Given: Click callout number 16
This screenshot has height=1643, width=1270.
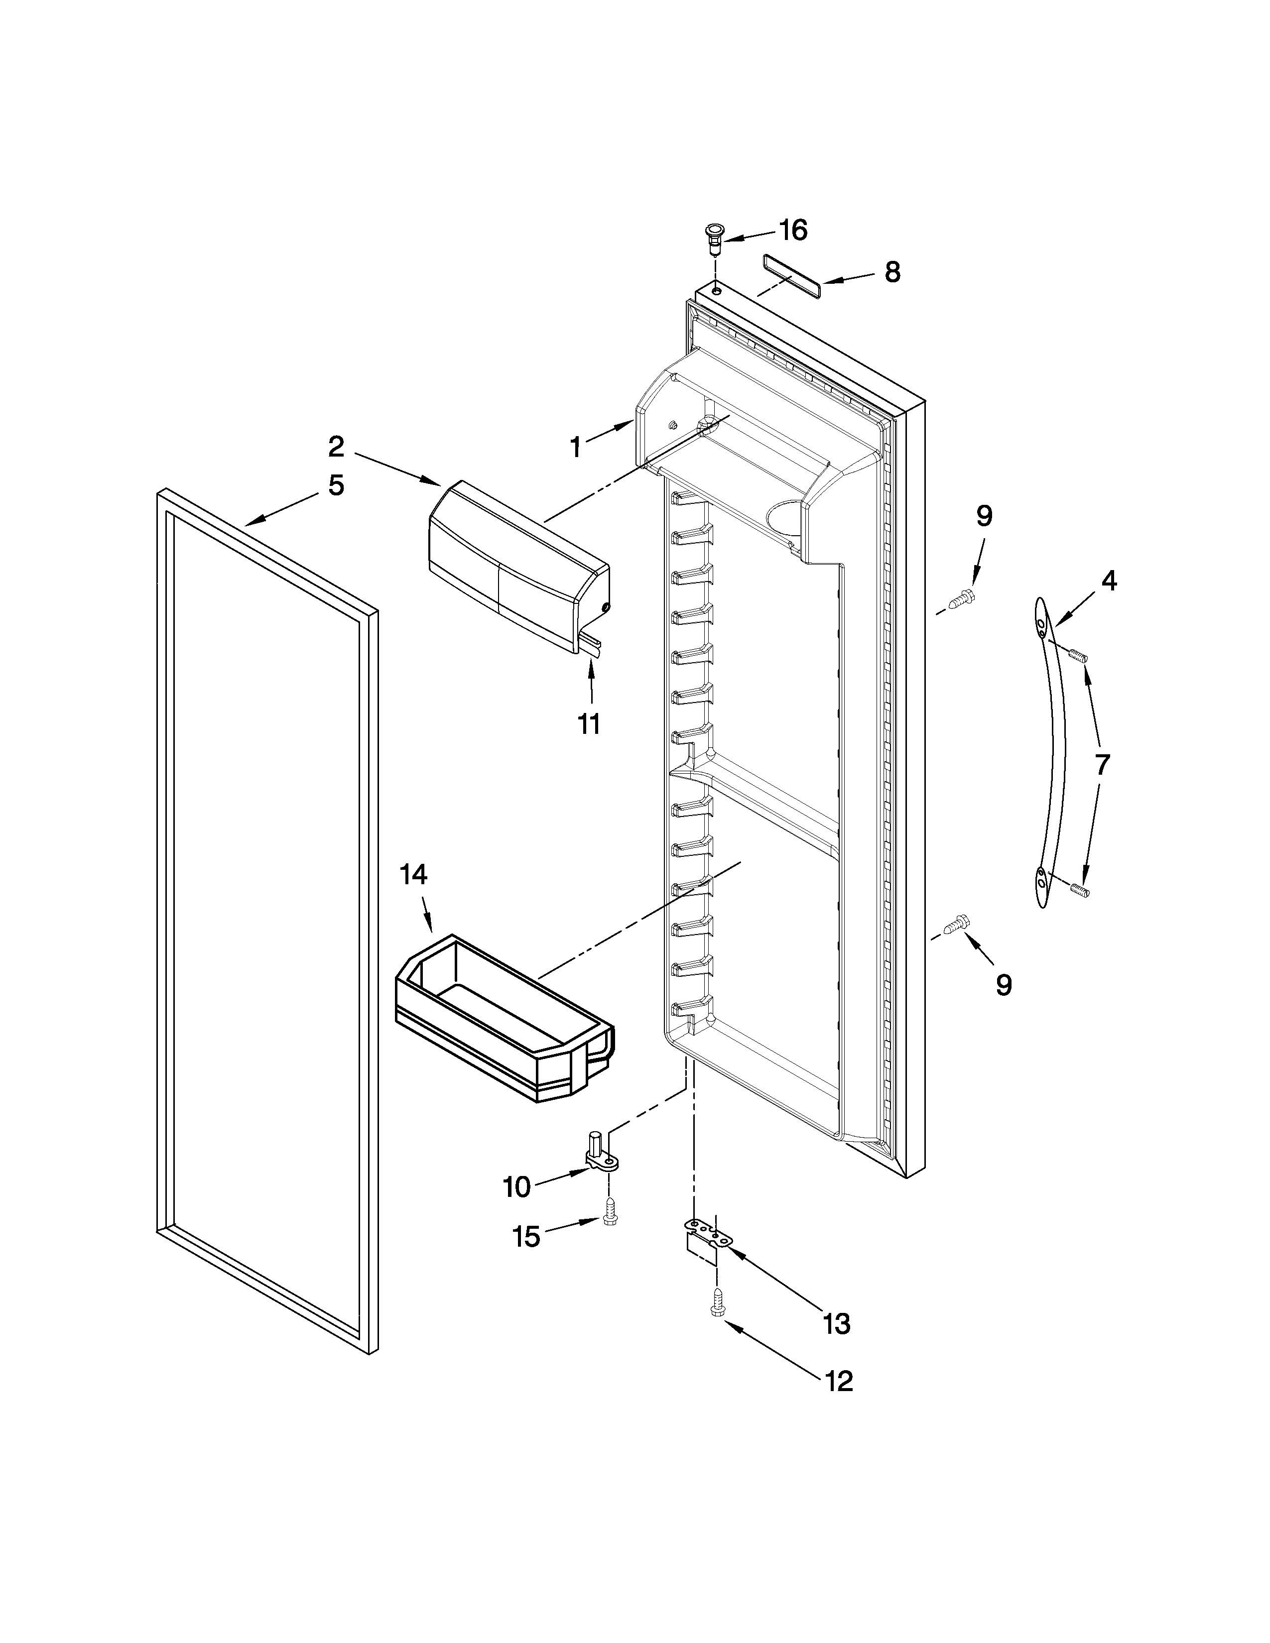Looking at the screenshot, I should point(792,230).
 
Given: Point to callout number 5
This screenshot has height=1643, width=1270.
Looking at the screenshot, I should point(336,485).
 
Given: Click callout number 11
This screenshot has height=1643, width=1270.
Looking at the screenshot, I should point(589,724).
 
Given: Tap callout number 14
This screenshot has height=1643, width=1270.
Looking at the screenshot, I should point(414,874).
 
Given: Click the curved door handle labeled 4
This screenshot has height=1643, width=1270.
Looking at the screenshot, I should point(1051,752).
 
